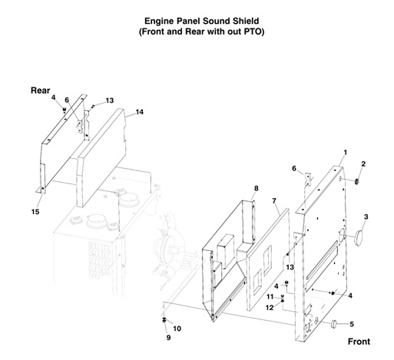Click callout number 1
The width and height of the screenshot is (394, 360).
(x=345, y=153)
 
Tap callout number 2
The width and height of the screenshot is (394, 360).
(x=363, y=163)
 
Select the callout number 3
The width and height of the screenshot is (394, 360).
(x=366, y=217)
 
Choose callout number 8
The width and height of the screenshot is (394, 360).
(x=256, y=188)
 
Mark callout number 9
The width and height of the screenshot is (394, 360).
(x=169, y=337)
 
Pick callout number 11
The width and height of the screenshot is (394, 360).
(x=270, y=296)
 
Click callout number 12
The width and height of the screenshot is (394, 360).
(x=270, y=307)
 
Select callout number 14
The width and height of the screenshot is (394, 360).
(x=139, y=112)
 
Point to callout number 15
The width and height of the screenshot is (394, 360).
(x=35, y=212)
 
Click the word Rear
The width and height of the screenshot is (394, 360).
(x=40, y=90)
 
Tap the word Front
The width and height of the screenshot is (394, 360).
(x=359, y=341)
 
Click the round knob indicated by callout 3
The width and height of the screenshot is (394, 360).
(x=358, y=239)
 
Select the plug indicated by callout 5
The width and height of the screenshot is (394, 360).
(x=336, y=325)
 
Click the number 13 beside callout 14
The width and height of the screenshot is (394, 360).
(x=109, y=101)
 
